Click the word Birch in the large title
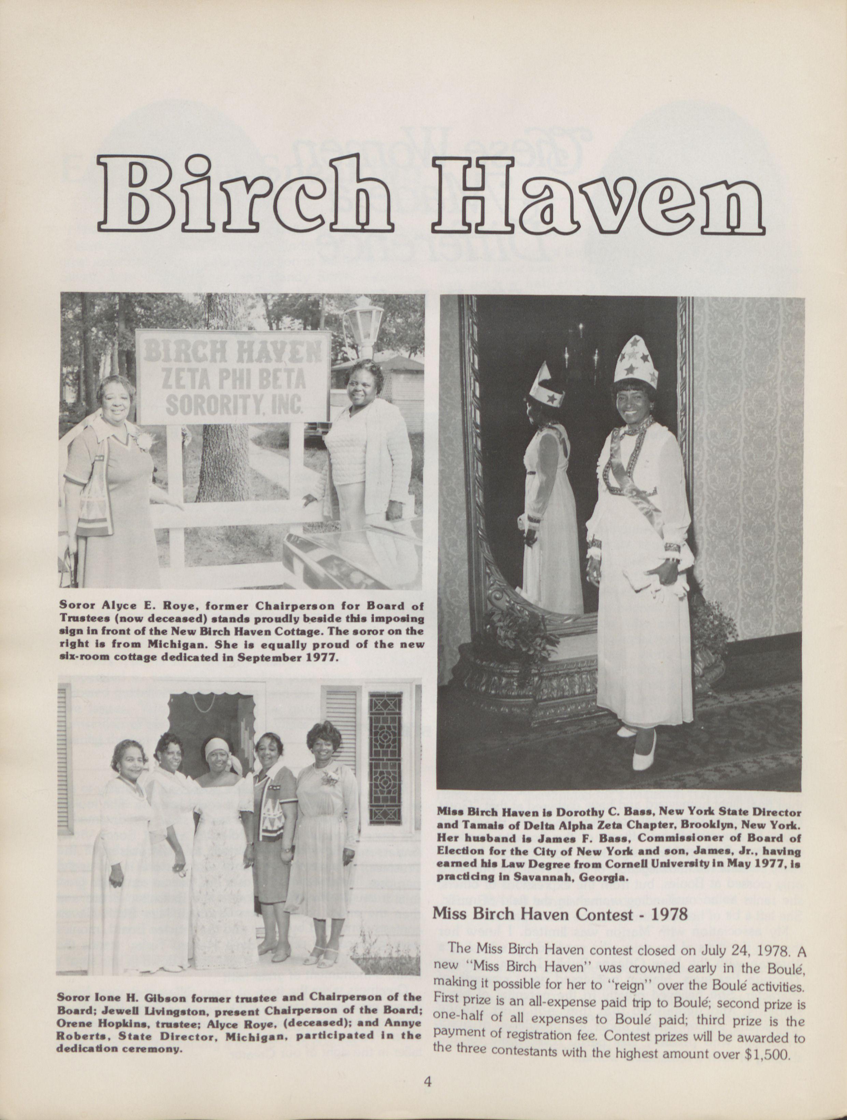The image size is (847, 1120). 245,195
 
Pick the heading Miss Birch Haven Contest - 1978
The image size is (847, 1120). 560,914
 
